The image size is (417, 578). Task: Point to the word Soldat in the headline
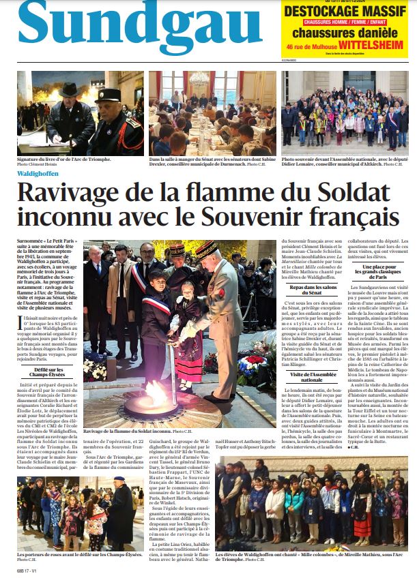coord(323,192)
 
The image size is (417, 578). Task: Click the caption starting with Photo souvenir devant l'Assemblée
coord(344,160)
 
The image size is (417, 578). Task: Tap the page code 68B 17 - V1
coord(29,571)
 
